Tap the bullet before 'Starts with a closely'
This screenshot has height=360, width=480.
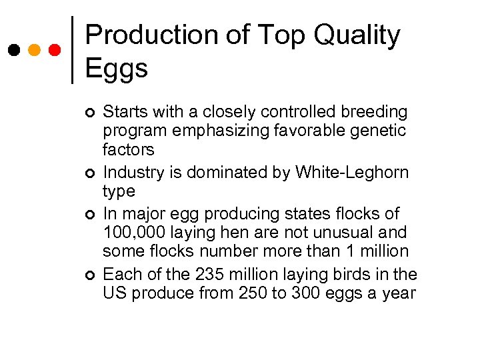[x=91, y=111]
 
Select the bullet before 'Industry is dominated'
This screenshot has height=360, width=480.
[x=91, y=173]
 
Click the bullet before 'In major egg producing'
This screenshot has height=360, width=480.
[x=91, y=215]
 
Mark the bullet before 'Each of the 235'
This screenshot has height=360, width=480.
[x=91, y=275]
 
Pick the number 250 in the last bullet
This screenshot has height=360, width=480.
[x=251, y=293]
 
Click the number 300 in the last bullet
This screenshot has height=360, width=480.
[x=305, y=293]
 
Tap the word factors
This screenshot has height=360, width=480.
[x=128, y=149]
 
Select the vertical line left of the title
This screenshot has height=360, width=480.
[x=72, y=50]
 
